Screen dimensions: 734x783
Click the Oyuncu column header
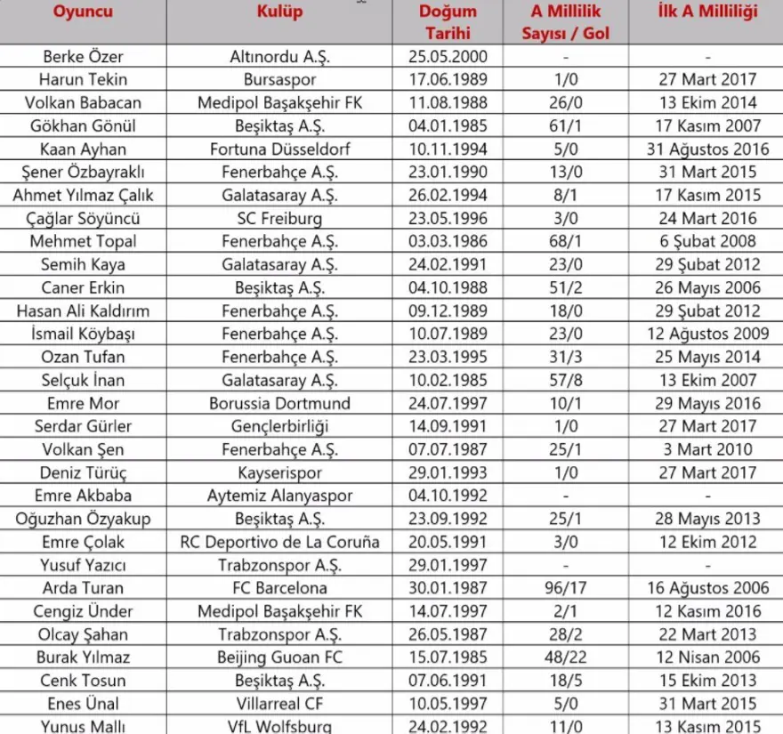pos(83,12)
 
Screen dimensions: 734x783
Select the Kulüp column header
pos(279,12)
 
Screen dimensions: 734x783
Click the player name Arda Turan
pos(83,588)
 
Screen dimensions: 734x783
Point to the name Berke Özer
pos(83,57)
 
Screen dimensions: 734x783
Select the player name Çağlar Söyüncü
pos(83,218)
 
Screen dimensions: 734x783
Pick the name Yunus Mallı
pos(83,726)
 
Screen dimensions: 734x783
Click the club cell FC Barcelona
pos(279,588)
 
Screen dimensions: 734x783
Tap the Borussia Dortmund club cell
pos(279,403)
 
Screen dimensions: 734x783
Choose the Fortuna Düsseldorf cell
pos(279,149)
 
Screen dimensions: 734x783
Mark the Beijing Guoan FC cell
pos(279,657)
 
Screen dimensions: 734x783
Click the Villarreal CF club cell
pos(279,704)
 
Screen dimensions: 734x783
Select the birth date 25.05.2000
pos(448,57)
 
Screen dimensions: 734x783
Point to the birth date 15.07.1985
pos(448,657)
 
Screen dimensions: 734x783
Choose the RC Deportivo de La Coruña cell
pos(279,542)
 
